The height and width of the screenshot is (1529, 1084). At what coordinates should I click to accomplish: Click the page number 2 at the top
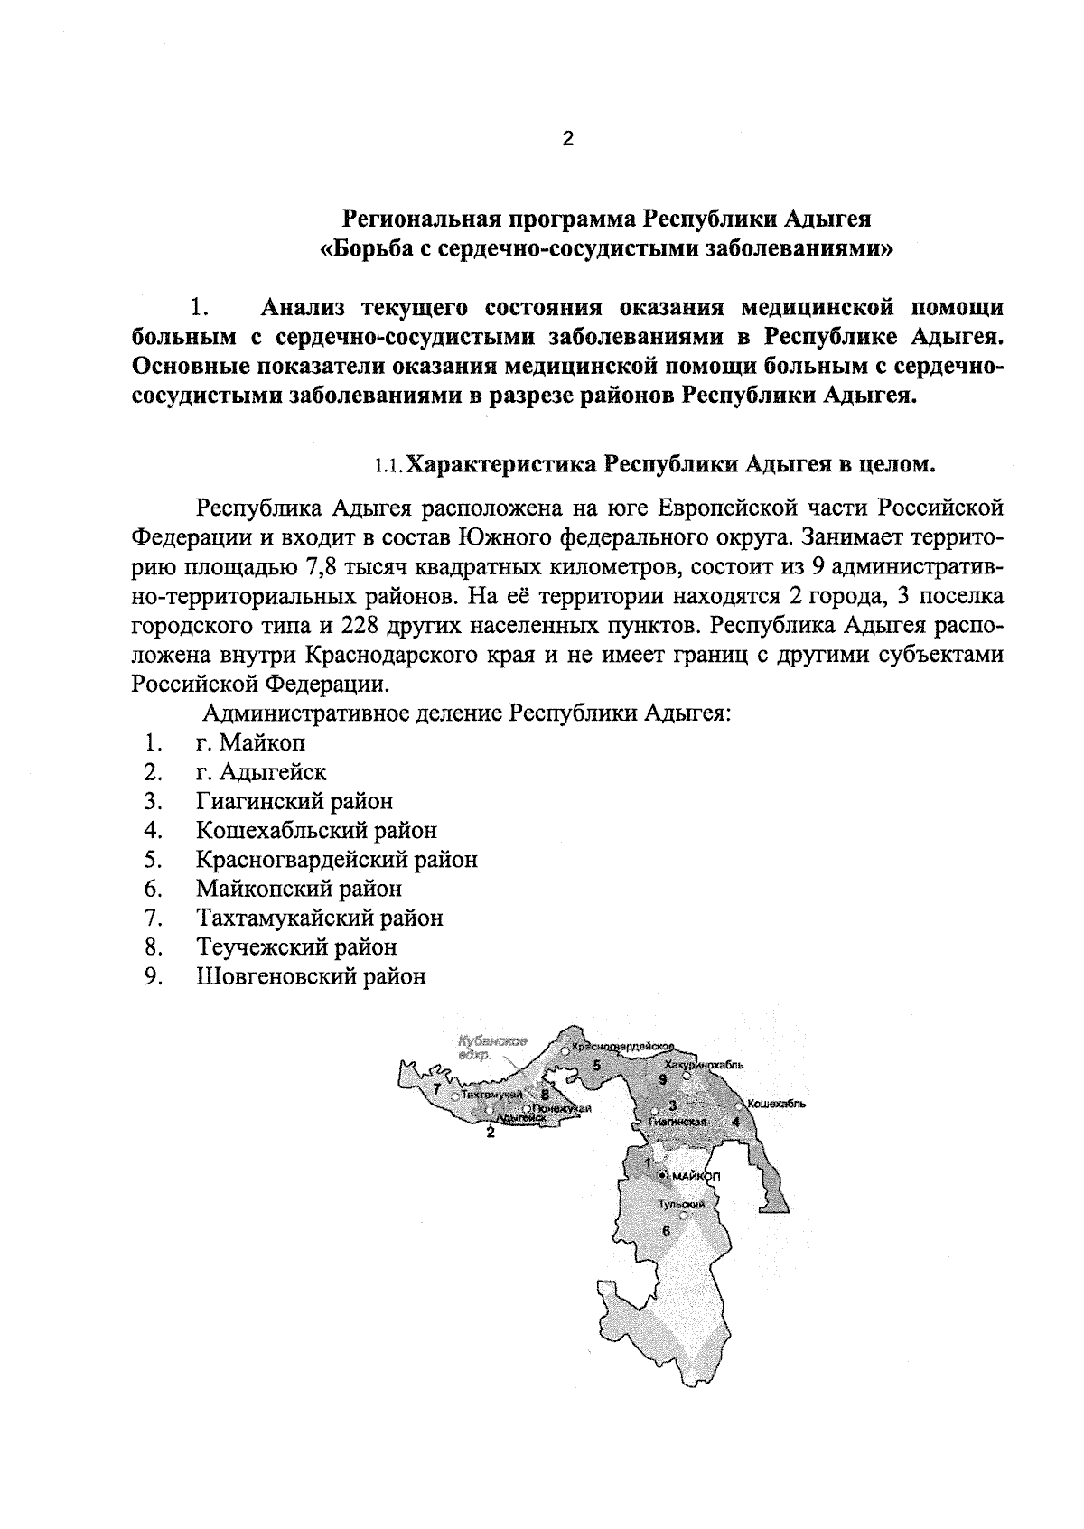(567, 139)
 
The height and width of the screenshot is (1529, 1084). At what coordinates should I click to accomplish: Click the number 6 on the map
(667, 1230)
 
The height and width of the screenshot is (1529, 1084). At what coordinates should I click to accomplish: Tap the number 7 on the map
(437, 1089)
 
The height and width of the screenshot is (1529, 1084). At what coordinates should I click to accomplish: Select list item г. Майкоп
(250, 742)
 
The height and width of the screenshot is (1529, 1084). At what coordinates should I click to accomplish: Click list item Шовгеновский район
(311, 976)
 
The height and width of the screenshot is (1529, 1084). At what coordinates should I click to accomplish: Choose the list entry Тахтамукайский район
(320, 918)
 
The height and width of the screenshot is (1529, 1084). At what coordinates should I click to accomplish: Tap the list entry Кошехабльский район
(316, 830)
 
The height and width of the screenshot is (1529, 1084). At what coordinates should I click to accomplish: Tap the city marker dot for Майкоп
(662, 1176)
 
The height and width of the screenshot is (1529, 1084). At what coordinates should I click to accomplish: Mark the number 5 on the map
(596, 1065)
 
